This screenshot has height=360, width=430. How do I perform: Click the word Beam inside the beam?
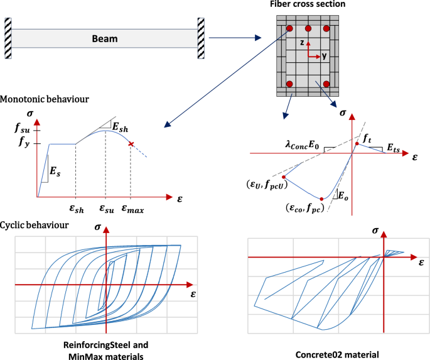[x=105, y=39]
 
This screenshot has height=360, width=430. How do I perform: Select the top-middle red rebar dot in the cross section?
[x=308, y=29]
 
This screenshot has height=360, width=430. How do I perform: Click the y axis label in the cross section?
[x=325, y=56]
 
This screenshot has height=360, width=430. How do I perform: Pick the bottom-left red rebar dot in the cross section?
[x=290, y=84]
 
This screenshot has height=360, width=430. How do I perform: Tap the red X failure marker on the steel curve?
[x=131, y=145]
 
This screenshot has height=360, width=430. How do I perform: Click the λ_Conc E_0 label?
[x=301, y=146]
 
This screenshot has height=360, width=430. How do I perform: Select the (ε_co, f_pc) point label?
[x=308, y=207]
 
